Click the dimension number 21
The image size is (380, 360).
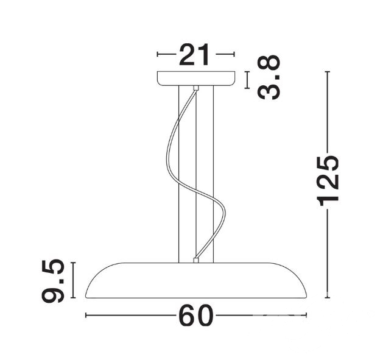click(x=194, y=55)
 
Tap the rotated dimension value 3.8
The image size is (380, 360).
click(x=269, y=77)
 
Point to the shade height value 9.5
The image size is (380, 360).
click(x=53, y=281)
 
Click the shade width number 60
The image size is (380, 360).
click(x=196, y=316)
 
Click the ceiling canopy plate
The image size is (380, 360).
click(x=196, y=79)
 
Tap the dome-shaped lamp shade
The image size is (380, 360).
click(x=196, y=280)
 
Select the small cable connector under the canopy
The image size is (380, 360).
click(x=196, y=88)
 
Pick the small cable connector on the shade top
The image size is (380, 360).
click(x=196, y=260)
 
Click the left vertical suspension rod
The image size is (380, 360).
click(x=178, y=174)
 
